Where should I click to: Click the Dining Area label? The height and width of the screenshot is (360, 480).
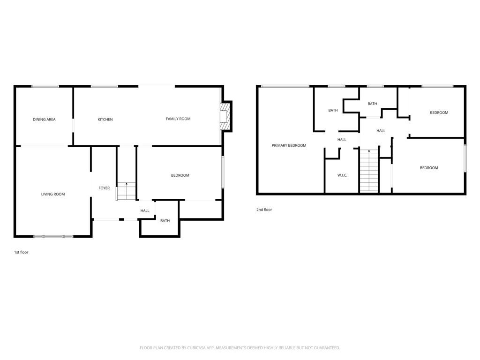[44, 120]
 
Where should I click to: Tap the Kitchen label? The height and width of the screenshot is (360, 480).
[105, 120]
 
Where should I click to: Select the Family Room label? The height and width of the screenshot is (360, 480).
[178, 119]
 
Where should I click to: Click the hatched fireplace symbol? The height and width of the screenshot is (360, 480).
[225, 117]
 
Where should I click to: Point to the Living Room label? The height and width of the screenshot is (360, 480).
[53, 194]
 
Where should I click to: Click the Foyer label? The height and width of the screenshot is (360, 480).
[104, 188]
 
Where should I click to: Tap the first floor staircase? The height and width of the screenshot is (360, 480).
[126, 191]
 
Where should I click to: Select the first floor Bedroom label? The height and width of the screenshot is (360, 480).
[180, 175]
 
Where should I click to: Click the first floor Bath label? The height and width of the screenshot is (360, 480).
[165, 221]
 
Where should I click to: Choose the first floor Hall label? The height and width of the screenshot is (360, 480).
[145, 210]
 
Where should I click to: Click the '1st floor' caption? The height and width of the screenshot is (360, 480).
[21, 252]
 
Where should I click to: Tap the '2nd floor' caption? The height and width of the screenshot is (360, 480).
[264, 210]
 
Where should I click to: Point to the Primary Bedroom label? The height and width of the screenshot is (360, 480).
[289, 145]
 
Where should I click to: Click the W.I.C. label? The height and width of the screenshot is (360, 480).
[342, 175]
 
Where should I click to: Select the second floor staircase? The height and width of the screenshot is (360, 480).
[369, 171]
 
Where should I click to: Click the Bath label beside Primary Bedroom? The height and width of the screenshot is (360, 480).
[333, 110]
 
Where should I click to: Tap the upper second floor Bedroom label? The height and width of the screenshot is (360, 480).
[439, 112]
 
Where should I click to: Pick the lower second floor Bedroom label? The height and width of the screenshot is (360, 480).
[429, 168]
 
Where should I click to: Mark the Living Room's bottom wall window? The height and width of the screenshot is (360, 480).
[53, 236]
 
